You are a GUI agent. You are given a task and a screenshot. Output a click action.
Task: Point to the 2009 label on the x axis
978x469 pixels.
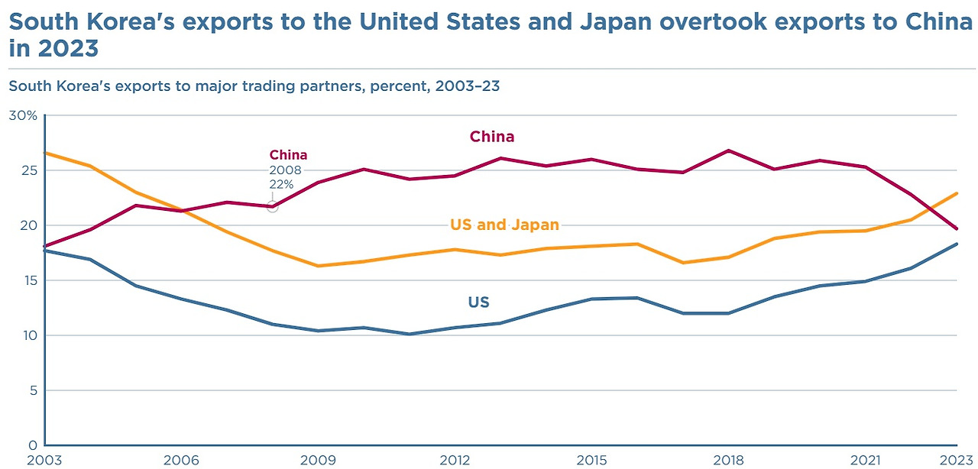(x=319, y=460)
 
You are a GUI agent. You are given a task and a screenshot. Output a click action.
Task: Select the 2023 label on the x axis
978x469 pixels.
(x=957, y=460)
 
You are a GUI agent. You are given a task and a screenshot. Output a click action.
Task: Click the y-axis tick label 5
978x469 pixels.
(x=31, y=390)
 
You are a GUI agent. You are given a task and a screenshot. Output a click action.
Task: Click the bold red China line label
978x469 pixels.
(x=491, y=137)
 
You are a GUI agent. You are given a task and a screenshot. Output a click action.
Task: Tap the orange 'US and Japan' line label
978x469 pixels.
(x=504, y=225)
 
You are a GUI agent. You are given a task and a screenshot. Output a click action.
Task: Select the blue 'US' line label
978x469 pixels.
(x=478, y=302)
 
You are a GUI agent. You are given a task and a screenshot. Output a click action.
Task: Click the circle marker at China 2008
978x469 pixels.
(x=273, y=207)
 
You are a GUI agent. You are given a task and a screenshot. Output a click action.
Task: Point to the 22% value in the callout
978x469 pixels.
(x=281, y=184)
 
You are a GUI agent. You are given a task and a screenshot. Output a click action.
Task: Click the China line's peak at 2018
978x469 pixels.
(x=729, y=150)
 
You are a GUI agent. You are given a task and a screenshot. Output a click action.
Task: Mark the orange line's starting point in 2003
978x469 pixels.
(x=46, y=153)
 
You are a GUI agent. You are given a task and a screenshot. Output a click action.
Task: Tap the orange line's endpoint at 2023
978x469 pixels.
(x=957, y=193)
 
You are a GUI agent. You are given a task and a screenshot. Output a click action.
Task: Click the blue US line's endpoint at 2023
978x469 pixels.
(x=957, y=244)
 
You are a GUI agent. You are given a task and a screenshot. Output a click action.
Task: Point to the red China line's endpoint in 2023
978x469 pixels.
(x=957, y=228)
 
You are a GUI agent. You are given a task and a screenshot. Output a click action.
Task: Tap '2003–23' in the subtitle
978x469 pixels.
(x=467, y=86)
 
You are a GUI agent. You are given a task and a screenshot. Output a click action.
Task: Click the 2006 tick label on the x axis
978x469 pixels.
(x=182, y=460)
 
